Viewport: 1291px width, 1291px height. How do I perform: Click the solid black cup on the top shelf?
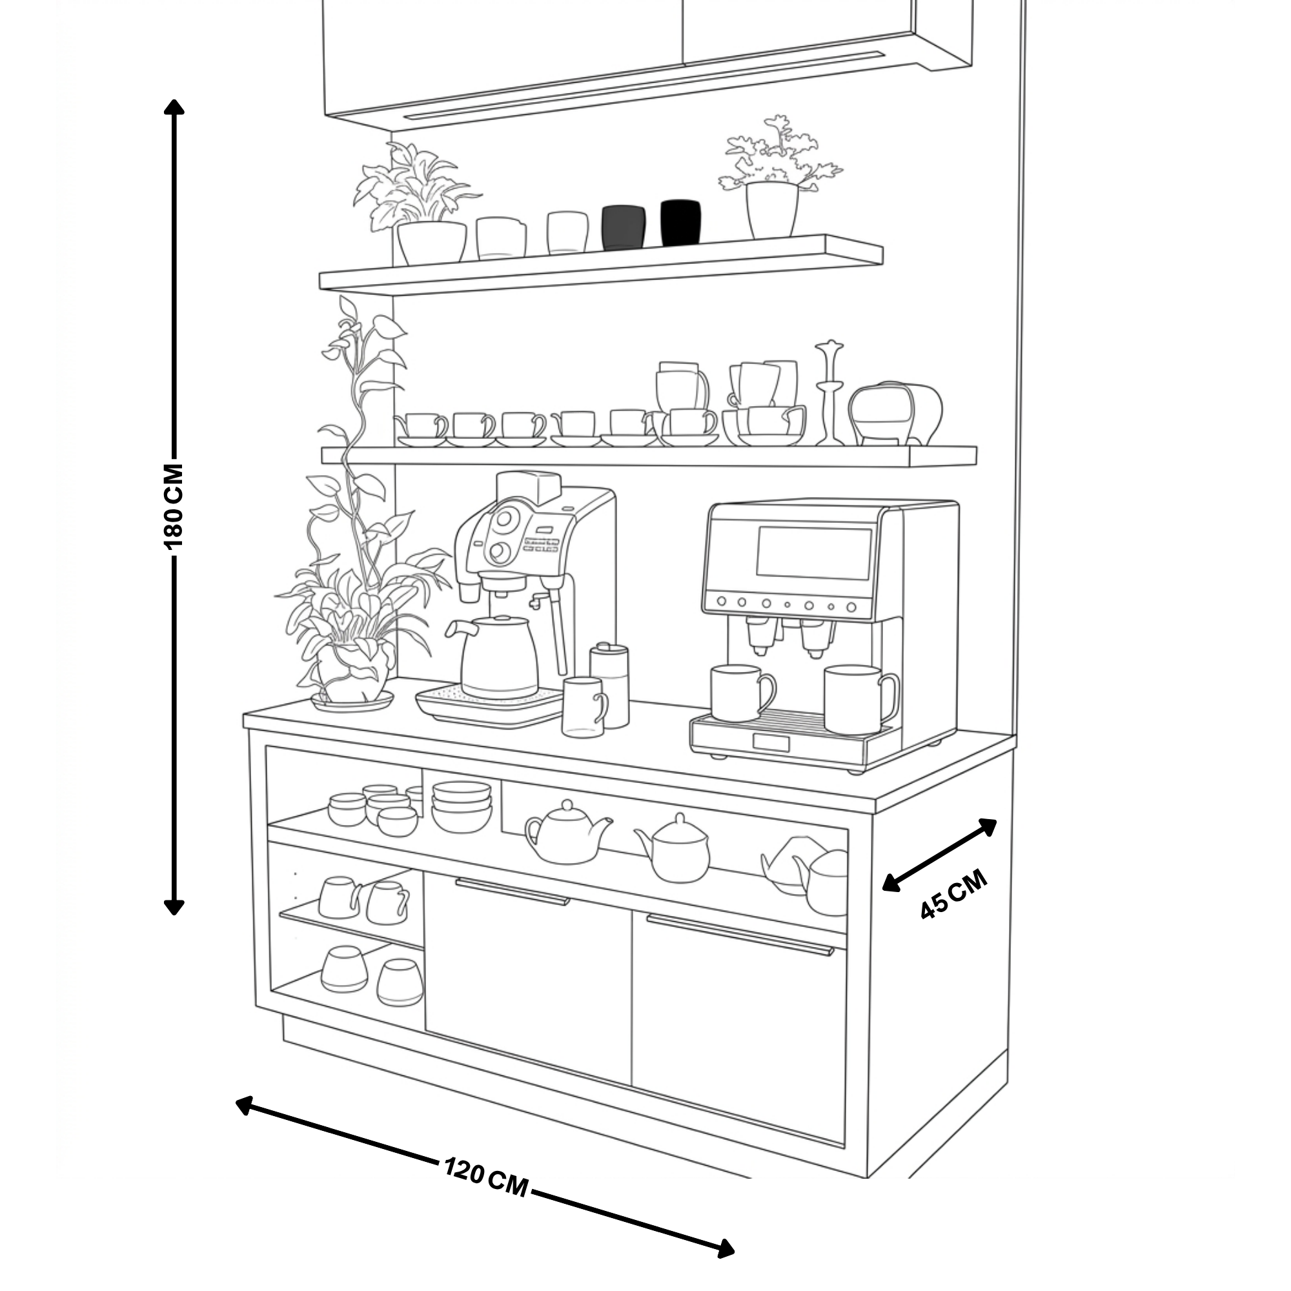[680, 223]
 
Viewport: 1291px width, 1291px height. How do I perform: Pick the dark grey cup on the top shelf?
[623, 227]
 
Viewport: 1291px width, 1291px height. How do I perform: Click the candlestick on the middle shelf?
[829, 393]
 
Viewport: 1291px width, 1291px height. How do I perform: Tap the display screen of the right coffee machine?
[814, 553]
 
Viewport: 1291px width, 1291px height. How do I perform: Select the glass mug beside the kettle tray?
[585, 707]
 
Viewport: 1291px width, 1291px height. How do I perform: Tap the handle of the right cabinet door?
[740, 935]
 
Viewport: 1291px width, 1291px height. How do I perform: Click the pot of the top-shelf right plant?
[772, 210]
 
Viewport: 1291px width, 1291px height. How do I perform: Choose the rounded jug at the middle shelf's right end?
[895, 413]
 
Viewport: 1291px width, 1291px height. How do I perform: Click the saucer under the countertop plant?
[352, 701]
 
